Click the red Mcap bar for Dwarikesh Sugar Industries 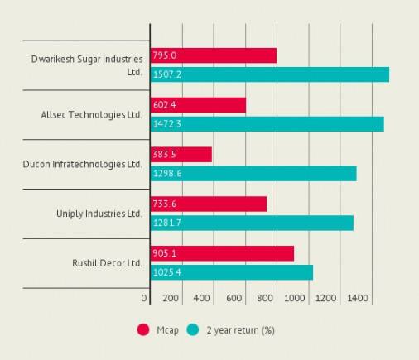pyautogui.click(x=213, y=55)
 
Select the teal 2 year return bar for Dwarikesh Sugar pyautogui.click(x=269, y=74)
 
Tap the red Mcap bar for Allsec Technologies pyautogui.click(x=198, y=105)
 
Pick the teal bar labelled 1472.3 pyautogui.click(x=267, y=124)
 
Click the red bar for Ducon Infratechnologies pyautogui.click(x=181, y=154)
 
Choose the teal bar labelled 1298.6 pyautogui.click(x=253, y=173)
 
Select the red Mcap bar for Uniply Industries pyautogui.click(x=208, y=204)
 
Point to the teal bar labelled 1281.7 pyautogui.click(x=252, y=223)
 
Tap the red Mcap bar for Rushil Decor pyautogui.click(x=222, y=253)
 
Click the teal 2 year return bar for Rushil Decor pyautogui.click(x=231, y=272)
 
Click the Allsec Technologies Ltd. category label pyautogui.click(x=91, y=114)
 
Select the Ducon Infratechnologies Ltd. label pyautogui.click(x=82, y=164)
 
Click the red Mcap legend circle pyautogui.click(x=142, y=329)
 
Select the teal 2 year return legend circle pyautogui.click(x=193, y=329)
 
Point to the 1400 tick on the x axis pyautogui.click(x=358, y=298)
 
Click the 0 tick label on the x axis pyautogui.click(x=144, y=298)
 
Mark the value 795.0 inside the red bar pyautogui.click(x=164, y=55)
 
